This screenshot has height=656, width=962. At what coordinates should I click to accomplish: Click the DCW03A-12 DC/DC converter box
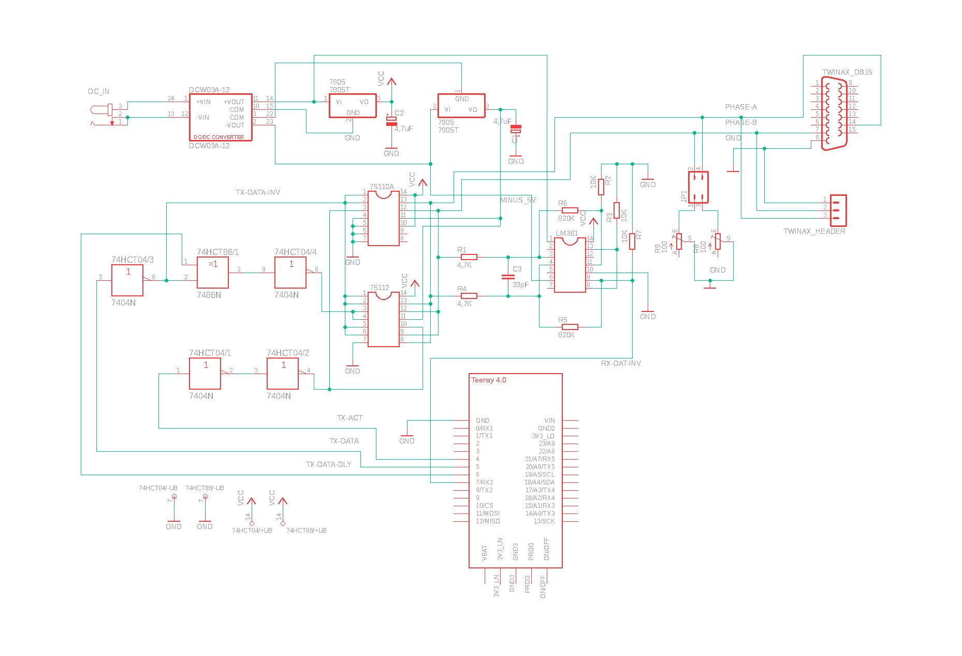point(221,117)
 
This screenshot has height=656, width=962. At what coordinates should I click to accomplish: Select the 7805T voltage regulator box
point(353,106)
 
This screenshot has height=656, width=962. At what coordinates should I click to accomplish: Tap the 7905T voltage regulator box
point(461,106)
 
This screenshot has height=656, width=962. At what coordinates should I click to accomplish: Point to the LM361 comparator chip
point(570,265)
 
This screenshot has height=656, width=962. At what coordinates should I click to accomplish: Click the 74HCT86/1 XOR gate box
point(213,273)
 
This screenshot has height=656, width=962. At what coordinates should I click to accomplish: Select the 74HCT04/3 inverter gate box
point(127,280)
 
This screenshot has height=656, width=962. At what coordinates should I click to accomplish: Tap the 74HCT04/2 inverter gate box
point(283,374)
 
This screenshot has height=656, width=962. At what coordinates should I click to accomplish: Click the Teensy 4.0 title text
point(489,380)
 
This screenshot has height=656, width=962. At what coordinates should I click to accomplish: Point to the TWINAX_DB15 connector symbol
point(834,113)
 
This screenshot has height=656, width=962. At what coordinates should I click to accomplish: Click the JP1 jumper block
point(698,187)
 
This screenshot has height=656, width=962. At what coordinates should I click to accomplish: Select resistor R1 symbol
point(469,257)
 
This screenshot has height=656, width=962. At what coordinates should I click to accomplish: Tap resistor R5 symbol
point(570,327)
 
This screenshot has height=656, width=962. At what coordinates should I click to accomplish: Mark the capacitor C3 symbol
point(508,277)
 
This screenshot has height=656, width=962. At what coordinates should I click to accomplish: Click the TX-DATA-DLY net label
point(328,464)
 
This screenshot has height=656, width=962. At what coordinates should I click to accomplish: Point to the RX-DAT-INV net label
point(621,363)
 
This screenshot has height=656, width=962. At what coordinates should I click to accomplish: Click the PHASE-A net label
point(741,107)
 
